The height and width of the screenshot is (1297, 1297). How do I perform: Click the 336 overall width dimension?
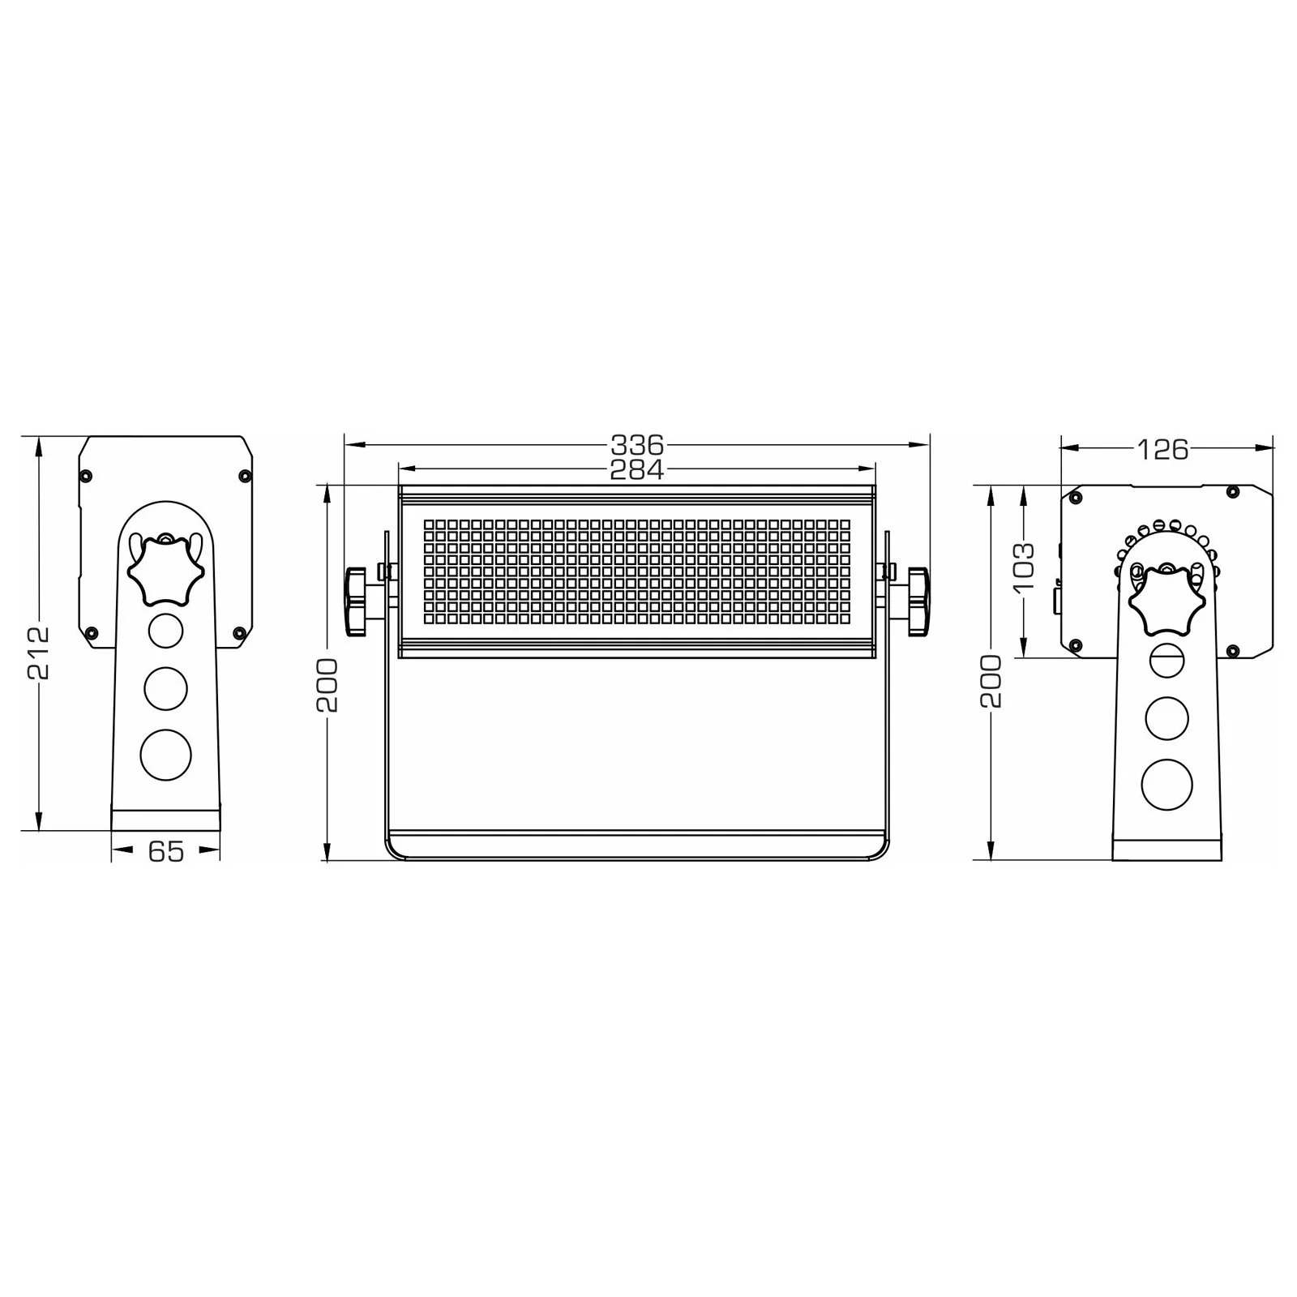coord(637,444)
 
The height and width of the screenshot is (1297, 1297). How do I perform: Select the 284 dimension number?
coord(637,469)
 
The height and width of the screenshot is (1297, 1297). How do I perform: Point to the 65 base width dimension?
coord(166,851)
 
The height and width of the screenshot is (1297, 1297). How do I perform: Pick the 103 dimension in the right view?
coord(1024,565)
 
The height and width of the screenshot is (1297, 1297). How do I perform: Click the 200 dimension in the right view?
coord(991,681)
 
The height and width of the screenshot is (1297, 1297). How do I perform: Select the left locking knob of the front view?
coord(357,601)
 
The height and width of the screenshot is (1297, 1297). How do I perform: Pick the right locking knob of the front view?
coord(918,601)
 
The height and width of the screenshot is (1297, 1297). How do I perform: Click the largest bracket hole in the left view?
coord(166,753)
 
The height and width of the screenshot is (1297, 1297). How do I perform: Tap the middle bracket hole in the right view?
coord(1167,717)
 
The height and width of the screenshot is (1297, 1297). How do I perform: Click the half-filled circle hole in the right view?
coord(1167,657)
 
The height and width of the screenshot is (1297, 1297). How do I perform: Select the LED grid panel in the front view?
coord(637,572)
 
